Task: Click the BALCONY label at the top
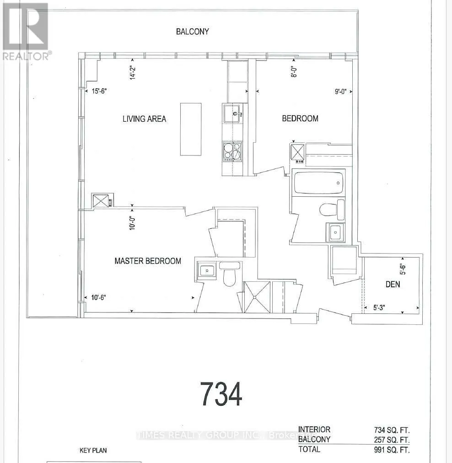tap(193, 32)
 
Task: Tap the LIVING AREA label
tap(145, 118)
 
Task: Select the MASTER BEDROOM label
tap(148, 261)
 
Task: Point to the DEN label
tap(393, 285)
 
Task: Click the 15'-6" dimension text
tap(99, 91)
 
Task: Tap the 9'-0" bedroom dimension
tap(340, 92)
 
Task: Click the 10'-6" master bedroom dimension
tap(99, 297)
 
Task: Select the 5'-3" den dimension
tap(379, 308)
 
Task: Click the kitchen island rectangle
tap(191, 129)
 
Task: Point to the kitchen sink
tap(233, 113)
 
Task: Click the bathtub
tap(318, 183)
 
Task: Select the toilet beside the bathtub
tap(332, 210)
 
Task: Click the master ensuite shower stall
tap(257, 297)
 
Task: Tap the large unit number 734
tap(221, 394)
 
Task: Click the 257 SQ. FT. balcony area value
tap(392, 440)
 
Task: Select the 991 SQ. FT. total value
tap(392, 450)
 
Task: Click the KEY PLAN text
tap(93, 451)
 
